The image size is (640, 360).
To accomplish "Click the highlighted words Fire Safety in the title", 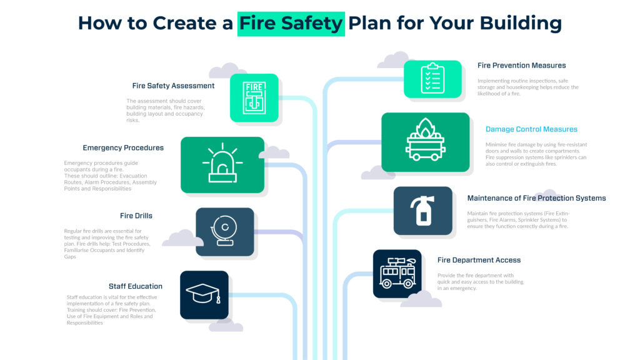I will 291,23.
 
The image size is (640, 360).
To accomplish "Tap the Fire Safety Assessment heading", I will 173,86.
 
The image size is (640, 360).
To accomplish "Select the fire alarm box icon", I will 254,97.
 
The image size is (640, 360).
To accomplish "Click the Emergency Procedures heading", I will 123,148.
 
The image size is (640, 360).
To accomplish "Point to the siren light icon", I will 222,165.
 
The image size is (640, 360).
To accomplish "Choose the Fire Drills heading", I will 136,216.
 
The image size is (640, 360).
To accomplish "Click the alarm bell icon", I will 224,231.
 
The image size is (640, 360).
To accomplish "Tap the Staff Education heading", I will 136,286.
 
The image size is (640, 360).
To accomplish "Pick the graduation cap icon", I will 204,294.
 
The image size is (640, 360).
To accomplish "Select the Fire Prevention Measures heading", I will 521,65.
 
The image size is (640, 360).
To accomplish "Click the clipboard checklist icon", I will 432,79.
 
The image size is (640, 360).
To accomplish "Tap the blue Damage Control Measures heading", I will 531,129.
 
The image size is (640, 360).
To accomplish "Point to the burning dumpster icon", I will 425,142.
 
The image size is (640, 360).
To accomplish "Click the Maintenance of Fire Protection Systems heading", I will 536,198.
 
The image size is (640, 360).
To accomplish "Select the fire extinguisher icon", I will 423,211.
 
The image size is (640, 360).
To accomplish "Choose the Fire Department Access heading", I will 479,260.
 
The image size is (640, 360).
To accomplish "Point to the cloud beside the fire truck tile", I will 421,299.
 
